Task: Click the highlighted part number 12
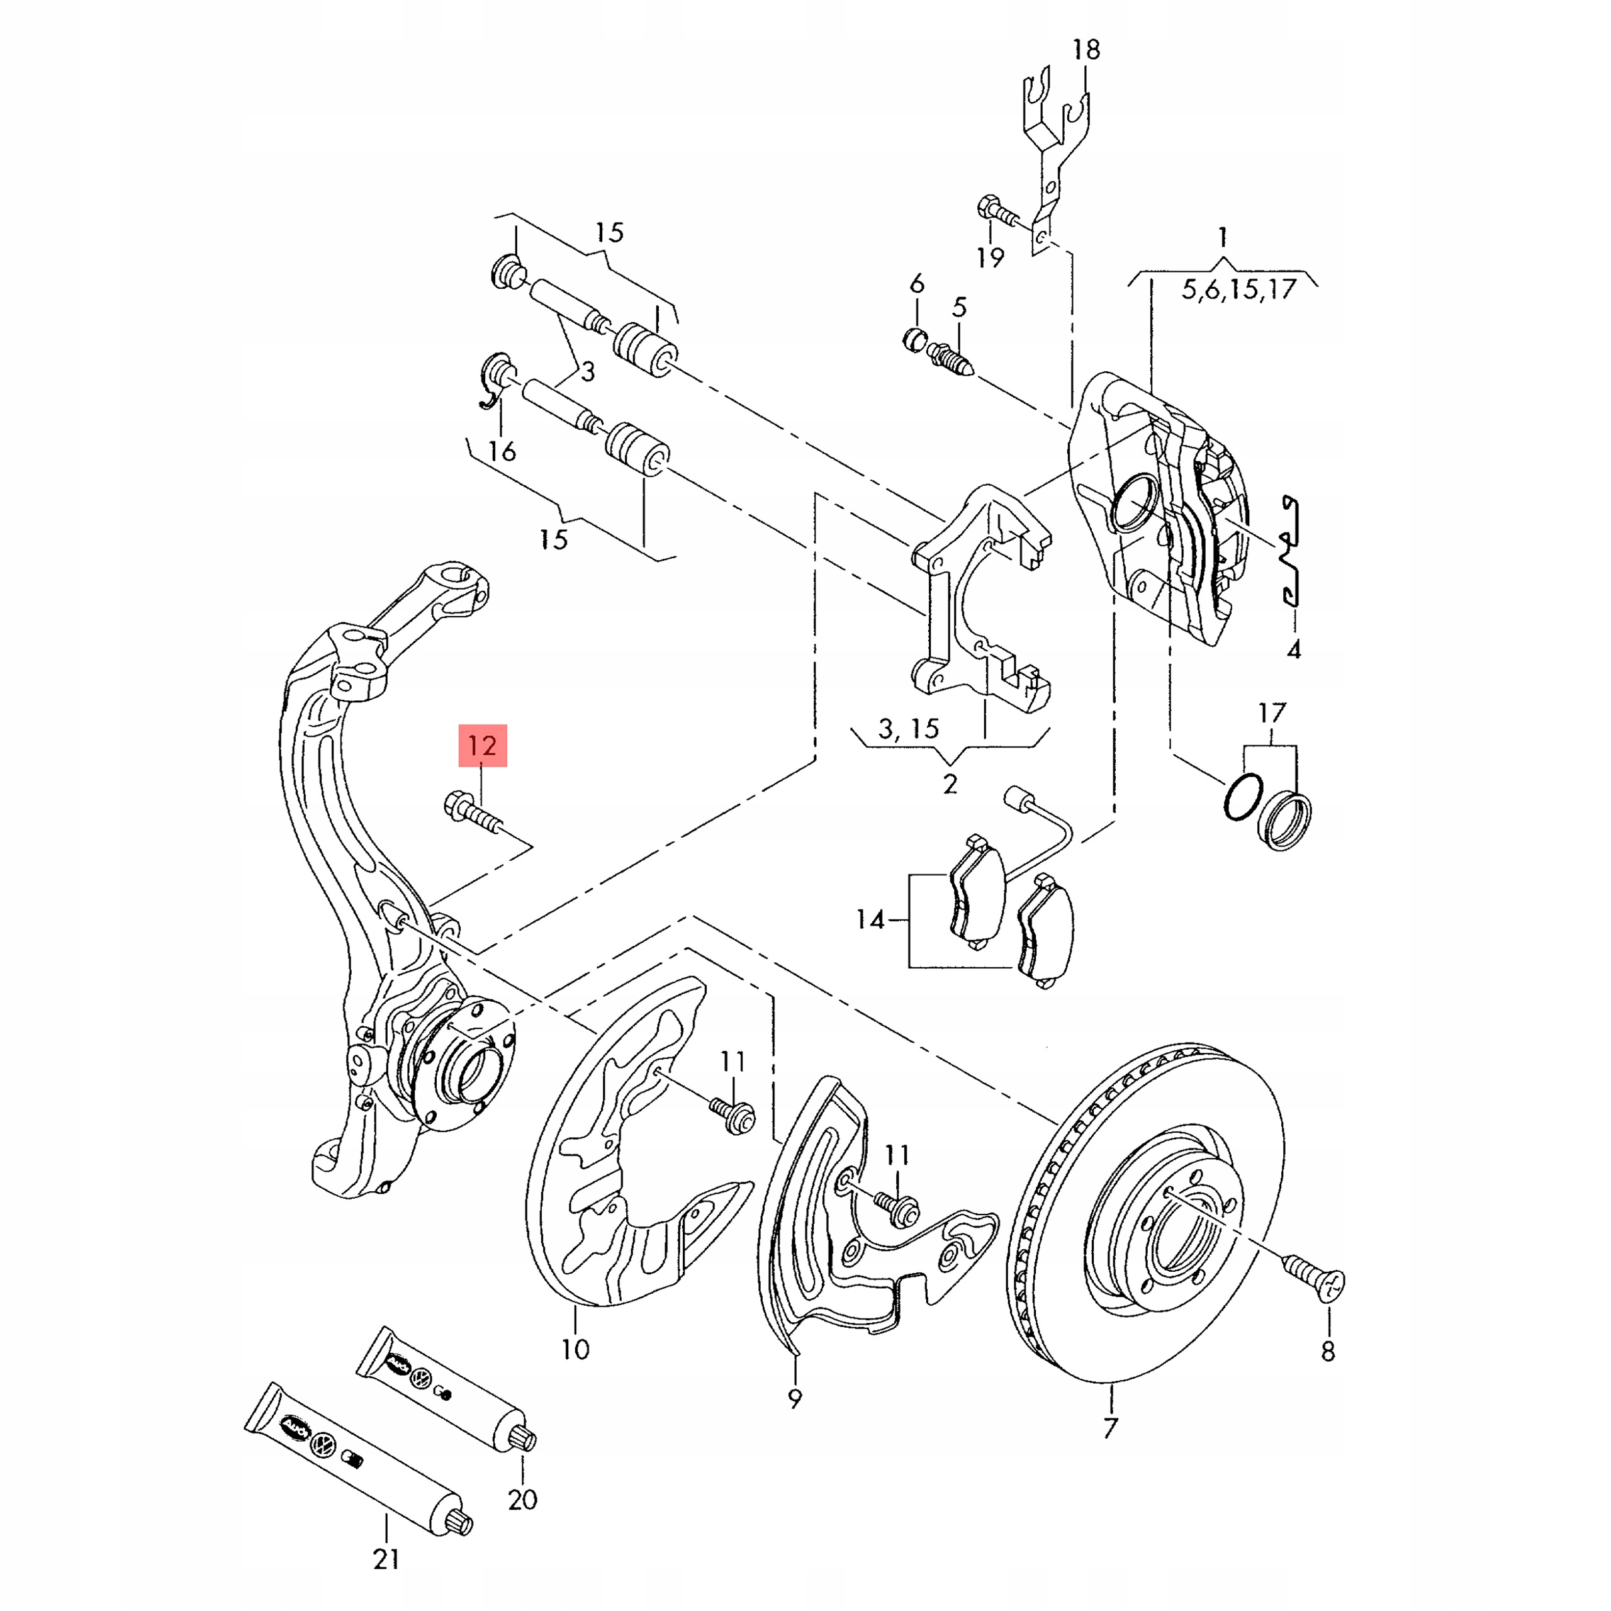482,744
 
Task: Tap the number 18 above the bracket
1086,50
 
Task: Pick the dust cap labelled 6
916,339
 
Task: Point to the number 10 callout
575,1349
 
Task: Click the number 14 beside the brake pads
870,920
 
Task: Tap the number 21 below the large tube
386,1559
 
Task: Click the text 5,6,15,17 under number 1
1239,289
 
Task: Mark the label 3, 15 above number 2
909,729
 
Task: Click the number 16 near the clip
502,451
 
